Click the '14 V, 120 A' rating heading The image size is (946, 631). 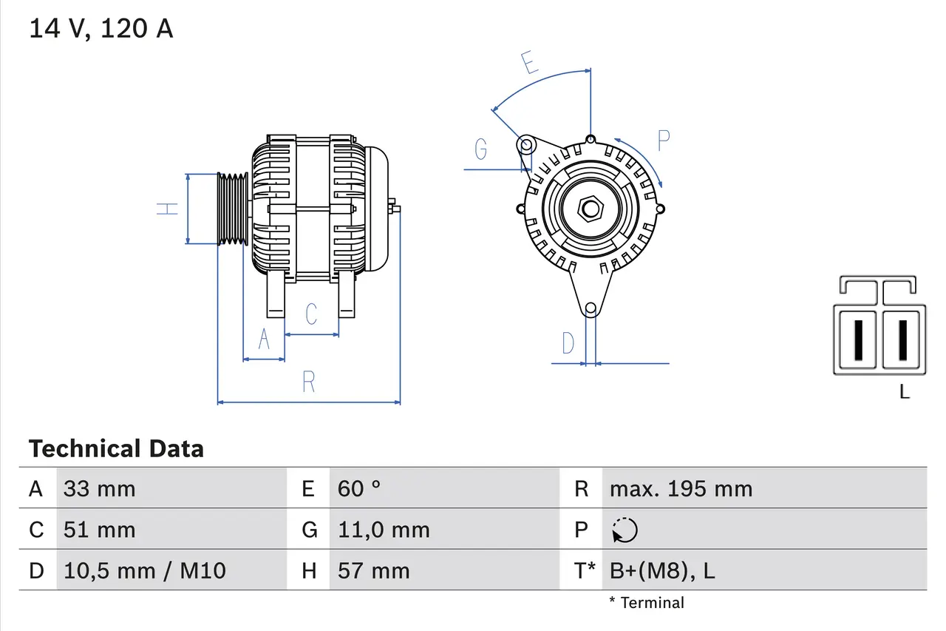tap(101, 29)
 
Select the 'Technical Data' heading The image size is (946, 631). tap(116, 448)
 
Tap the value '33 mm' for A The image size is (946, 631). tap(100, 488)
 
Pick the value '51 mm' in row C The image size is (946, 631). tap(100, 530)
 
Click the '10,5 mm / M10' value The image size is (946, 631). tap(145, 570)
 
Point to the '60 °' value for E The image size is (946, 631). tap(359, 488)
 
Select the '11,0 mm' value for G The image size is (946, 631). tap(384, 530)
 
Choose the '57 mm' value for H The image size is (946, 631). tap(373, 570)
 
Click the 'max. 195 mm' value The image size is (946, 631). tap(681, 488)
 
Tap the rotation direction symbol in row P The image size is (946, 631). tap(625, 530)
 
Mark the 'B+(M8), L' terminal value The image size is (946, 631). tap(662, 570)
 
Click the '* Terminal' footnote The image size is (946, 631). tap(647, 603)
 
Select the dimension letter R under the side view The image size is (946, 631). tap(309, 382)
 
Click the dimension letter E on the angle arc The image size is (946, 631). tap(529, 64)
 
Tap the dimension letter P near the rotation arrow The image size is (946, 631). tap(663, 141)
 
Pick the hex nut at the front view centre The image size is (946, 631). tap(589, 209)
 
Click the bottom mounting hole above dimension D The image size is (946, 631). tap(590, 308)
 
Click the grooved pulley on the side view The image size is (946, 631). tap(233, 209)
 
